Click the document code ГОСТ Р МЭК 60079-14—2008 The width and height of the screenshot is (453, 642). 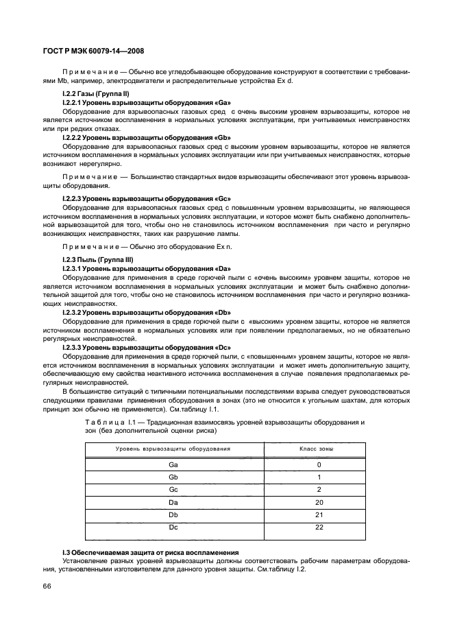click(x=93, y=51)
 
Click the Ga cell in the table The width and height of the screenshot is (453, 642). click(x=173, y=464)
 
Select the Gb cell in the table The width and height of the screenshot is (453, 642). click(x=173, y=477)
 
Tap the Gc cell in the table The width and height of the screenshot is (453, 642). click(x=173, y=490)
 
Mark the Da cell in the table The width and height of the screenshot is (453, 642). click(x=173, y=502)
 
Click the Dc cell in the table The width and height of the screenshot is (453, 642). click(x=173, y=527)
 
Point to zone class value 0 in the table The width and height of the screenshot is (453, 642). click(x=319, y=464)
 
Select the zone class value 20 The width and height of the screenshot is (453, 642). click(x=319, y=502)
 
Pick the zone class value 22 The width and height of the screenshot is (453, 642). click(x=319, y=527)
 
